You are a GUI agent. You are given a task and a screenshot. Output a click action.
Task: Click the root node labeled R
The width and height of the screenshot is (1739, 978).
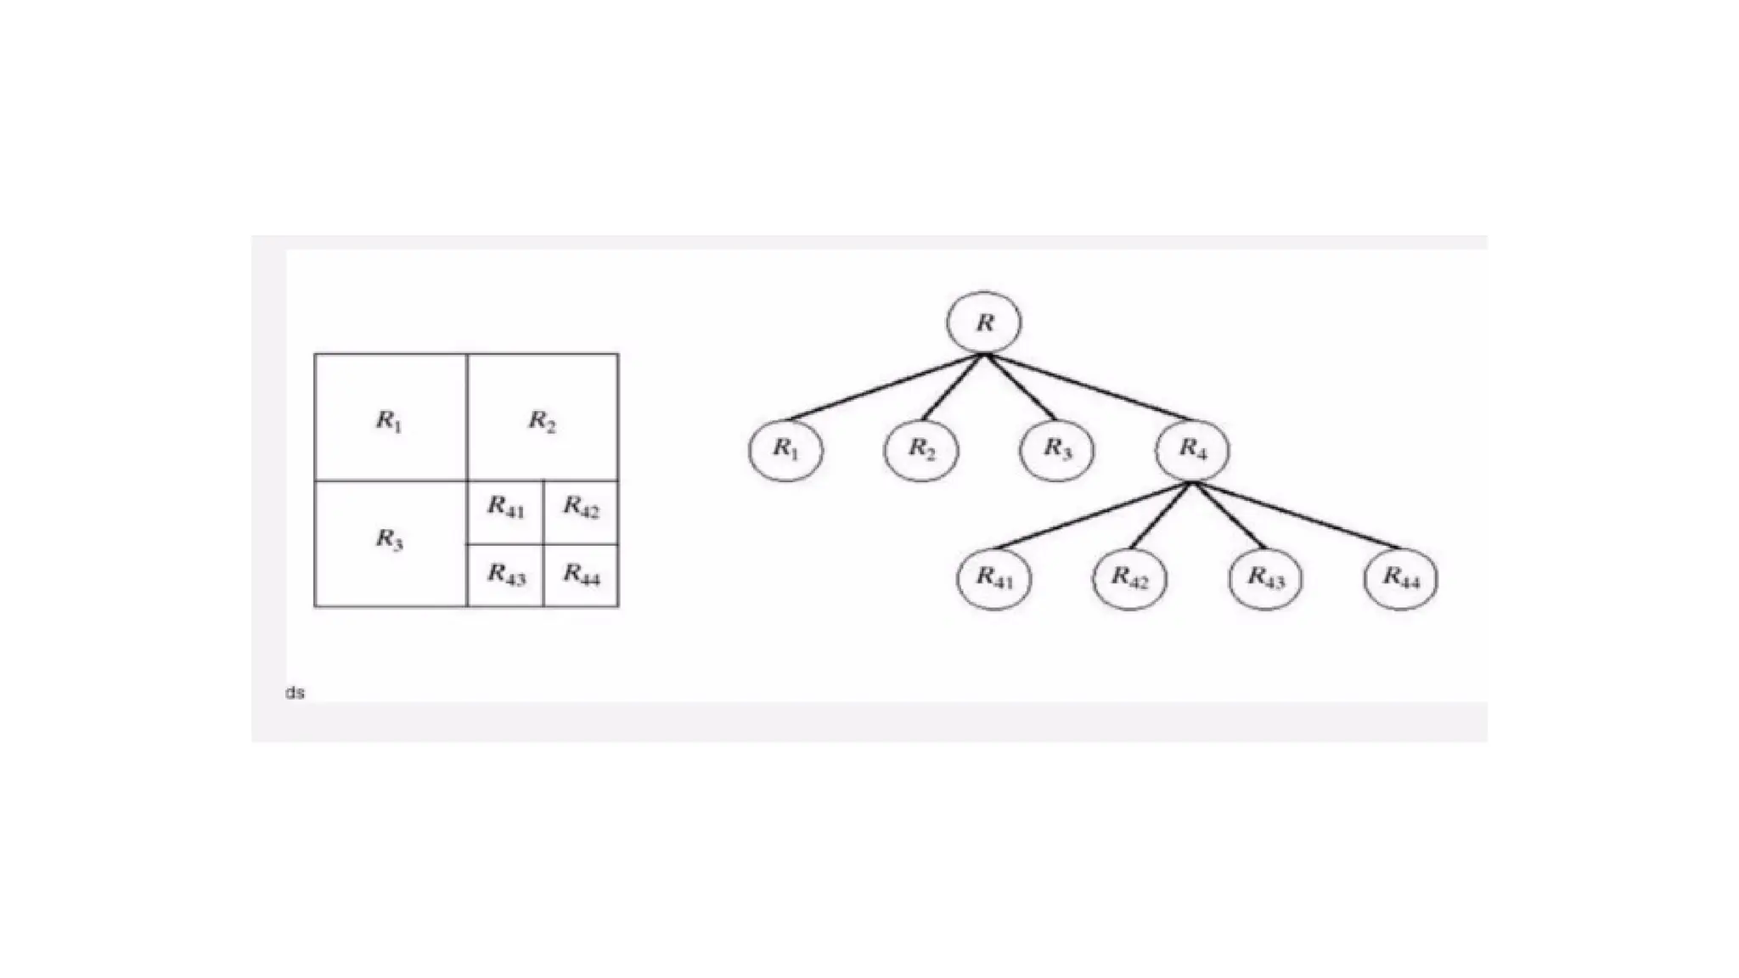[984, 323]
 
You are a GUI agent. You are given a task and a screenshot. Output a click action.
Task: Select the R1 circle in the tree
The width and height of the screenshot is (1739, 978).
[785, 449]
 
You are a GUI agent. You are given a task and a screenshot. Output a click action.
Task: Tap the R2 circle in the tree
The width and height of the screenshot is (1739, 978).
[921, 449]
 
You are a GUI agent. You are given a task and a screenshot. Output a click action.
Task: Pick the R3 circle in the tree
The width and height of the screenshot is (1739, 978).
[1057, 449]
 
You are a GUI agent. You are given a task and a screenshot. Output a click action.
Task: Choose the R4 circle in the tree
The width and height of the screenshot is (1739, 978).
[1192, 449]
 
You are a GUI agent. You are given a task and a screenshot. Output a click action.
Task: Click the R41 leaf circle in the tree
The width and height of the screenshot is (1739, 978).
[994, 578]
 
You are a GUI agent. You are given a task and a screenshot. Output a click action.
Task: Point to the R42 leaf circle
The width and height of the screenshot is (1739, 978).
[1129, 578]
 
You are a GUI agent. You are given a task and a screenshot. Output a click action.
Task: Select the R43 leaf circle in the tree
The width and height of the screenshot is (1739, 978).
[1265, 578]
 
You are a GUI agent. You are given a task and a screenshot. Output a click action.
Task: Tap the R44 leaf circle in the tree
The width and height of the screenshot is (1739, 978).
[1401, 578]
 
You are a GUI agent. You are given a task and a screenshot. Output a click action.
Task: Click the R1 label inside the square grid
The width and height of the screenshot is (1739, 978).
[389, 420]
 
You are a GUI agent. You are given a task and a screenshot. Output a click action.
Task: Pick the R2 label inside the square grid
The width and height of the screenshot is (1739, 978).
[543, 420]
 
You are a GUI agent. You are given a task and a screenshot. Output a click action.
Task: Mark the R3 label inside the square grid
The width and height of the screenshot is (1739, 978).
[389, 539]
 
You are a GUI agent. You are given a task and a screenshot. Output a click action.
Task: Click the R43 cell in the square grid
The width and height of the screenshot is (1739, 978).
[505, 576]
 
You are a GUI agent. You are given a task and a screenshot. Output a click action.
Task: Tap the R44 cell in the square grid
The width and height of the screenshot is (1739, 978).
[581, 576]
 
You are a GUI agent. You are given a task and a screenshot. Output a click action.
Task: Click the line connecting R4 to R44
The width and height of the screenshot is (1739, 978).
[1295, 514]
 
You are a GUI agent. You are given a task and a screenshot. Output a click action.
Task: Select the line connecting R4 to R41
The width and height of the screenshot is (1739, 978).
[1094, 514]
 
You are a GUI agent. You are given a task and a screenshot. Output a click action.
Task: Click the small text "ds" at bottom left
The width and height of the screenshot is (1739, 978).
[295, 693]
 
